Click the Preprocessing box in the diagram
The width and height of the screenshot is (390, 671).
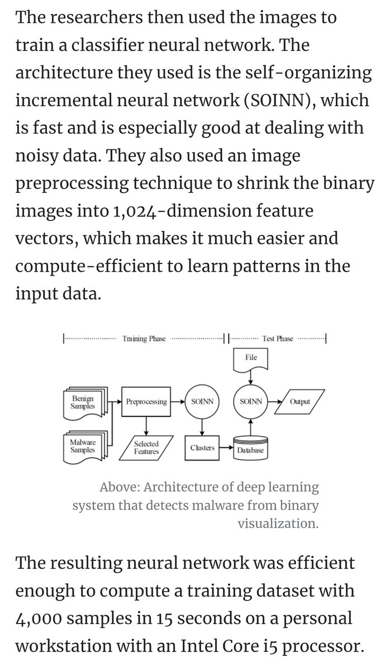point(146,401)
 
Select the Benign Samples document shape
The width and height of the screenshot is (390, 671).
point(82,402)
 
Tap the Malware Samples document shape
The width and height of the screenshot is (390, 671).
point(82,447)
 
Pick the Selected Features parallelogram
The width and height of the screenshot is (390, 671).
point(146,447)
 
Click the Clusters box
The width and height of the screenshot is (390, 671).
point(202,448)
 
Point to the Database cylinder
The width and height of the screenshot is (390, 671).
point(250,448)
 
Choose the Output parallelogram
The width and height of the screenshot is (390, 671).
point(300,401)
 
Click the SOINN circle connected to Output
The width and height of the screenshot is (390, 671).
point(250,401)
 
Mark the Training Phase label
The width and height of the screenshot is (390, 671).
point(144,339)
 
